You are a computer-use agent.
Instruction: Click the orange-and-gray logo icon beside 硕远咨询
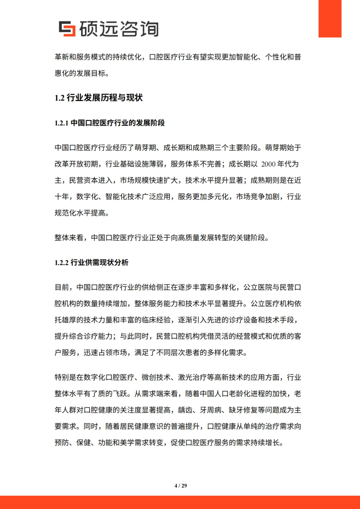67,29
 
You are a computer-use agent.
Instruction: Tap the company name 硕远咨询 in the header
119,29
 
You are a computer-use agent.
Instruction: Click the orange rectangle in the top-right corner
330,19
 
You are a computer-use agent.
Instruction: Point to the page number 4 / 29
181,486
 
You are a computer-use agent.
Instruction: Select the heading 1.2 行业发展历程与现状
99,98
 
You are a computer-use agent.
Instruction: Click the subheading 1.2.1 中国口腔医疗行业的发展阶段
110,123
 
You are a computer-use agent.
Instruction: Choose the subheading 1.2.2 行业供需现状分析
91,262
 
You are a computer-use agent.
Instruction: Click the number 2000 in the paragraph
268,164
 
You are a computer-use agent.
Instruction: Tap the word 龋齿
185,410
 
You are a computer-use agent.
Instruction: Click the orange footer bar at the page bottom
180,502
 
